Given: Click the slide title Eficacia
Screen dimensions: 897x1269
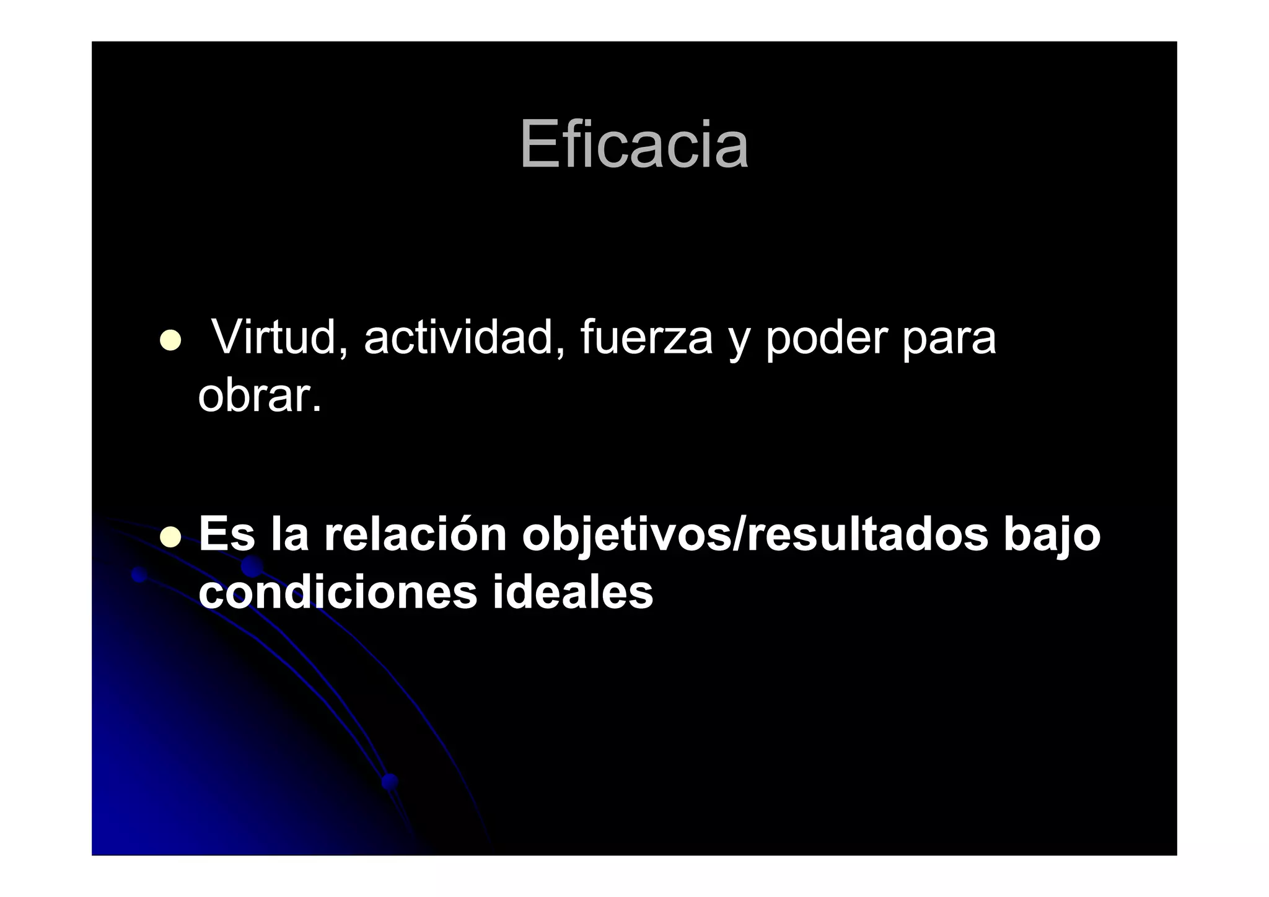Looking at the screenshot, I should tap(634, 144).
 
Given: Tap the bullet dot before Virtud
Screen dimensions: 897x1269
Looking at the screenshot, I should tap(170, 340).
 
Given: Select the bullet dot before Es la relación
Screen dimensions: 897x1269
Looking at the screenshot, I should tap(170, 537).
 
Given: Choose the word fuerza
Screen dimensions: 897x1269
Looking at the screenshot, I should tap(646, 338).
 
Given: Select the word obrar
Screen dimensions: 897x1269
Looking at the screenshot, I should tap(260, 396).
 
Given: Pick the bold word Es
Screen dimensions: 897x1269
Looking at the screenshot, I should tap(227, 534).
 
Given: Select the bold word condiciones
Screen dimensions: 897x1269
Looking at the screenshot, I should tap(338, 592).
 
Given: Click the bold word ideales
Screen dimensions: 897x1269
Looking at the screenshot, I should tap(573, 592).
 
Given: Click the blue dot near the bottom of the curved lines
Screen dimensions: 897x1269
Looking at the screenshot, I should tap(390, 781).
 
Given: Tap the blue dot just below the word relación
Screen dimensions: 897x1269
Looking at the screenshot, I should tap(252, 566).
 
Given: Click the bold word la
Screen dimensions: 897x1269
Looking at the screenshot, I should tap(289, 534).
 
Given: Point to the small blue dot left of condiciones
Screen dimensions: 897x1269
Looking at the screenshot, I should tap(139, 575).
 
